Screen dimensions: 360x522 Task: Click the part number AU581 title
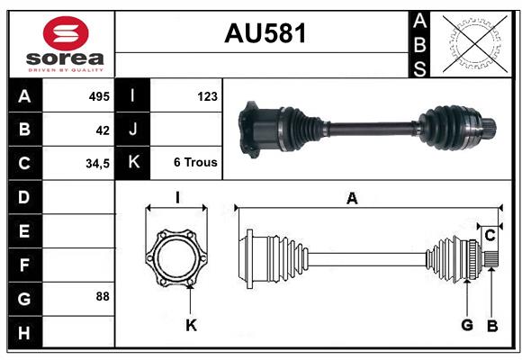[x=264, y=33]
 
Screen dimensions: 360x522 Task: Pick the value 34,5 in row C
[x=97, y=164]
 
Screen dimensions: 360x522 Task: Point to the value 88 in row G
[x=103, y=296]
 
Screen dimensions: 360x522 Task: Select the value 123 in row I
[x=206, y=95]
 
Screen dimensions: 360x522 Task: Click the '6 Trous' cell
[x=194, y=163]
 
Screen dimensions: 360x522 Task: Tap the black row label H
[x=23, y=333]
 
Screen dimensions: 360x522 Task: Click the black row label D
[x=23, y=196]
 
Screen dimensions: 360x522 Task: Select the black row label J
[x=132, y=130]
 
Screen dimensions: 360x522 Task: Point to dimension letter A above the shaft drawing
[x=352, y=199]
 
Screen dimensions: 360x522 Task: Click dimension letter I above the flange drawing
[x=177, y=197]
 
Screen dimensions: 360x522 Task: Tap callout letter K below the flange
[x=191, y=325]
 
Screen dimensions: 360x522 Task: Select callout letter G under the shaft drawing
[x=467, y=325]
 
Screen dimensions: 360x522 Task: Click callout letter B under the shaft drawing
[x=491, y=325]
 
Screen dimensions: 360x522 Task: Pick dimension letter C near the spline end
[x=490, y=236]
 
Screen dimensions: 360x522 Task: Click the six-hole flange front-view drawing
[x=176, y=257]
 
